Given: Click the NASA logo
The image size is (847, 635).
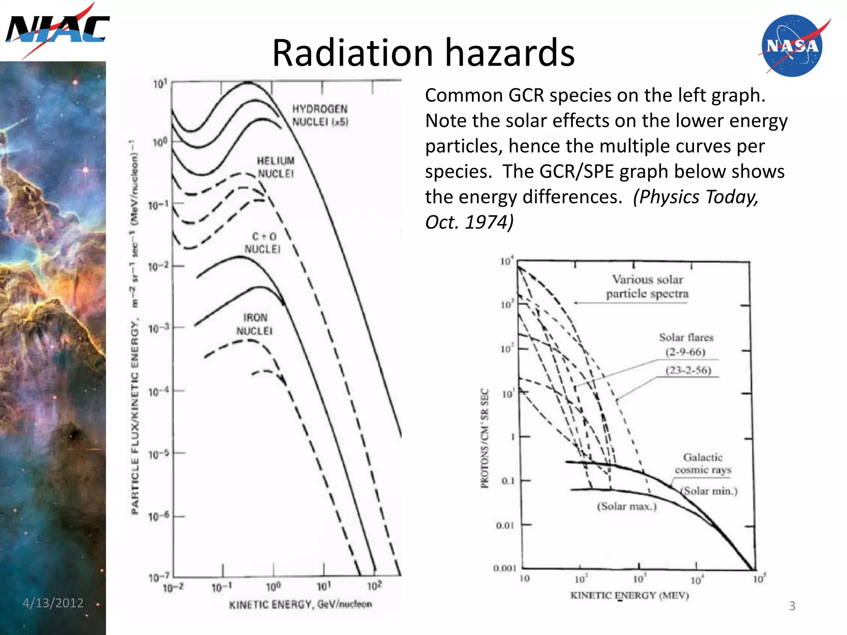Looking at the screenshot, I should (x=792, y=46).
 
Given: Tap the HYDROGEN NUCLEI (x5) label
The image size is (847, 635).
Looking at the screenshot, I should (x=320, y=115).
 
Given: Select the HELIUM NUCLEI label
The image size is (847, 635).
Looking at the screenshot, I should (x=276, y=167).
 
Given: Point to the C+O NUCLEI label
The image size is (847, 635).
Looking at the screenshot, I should (x=263, y=243).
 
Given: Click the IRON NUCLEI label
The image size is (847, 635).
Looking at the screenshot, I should (x=255, y=324).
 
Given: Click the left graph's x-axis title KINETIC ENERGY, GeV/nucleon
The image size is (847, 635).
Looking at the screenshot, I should (x=300, y=604).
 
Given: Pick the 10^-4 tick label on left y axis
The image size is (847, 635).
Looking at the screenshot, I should (x=159, y=391).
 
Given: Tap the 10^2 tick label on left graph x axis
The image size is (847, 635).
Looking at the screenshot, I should (x=375, y=586).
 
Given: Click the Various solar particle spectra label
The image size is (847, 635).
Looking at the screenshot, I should (x=647, y=286).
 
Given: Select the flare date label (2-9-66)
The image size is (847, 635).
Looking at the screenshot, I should (x=685, y=352).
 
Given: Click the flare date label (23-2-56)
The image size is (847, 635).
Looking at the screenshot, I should (x=688, y=370).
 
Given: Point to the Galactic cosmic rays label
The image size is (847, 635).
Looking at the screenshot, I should (x=703, y=463).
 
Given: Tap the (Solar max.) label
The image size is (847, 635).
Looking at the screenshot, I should (x=627, y=506).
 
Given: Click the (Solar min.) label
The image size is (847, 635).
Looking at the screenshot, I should (x=709, y=491).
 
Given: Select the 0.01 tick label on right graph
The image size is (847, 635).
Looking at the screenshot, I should (x=505, y=525).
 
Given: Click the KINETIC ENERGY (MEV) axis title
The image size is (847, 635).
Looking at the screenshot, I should (x=629, y=595).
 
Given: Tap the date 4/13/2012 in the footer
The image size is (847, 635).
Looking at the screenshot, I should (x=53, y=603).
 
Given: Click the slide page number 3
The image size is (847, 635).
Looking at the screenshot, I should (x=792, y=606).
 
